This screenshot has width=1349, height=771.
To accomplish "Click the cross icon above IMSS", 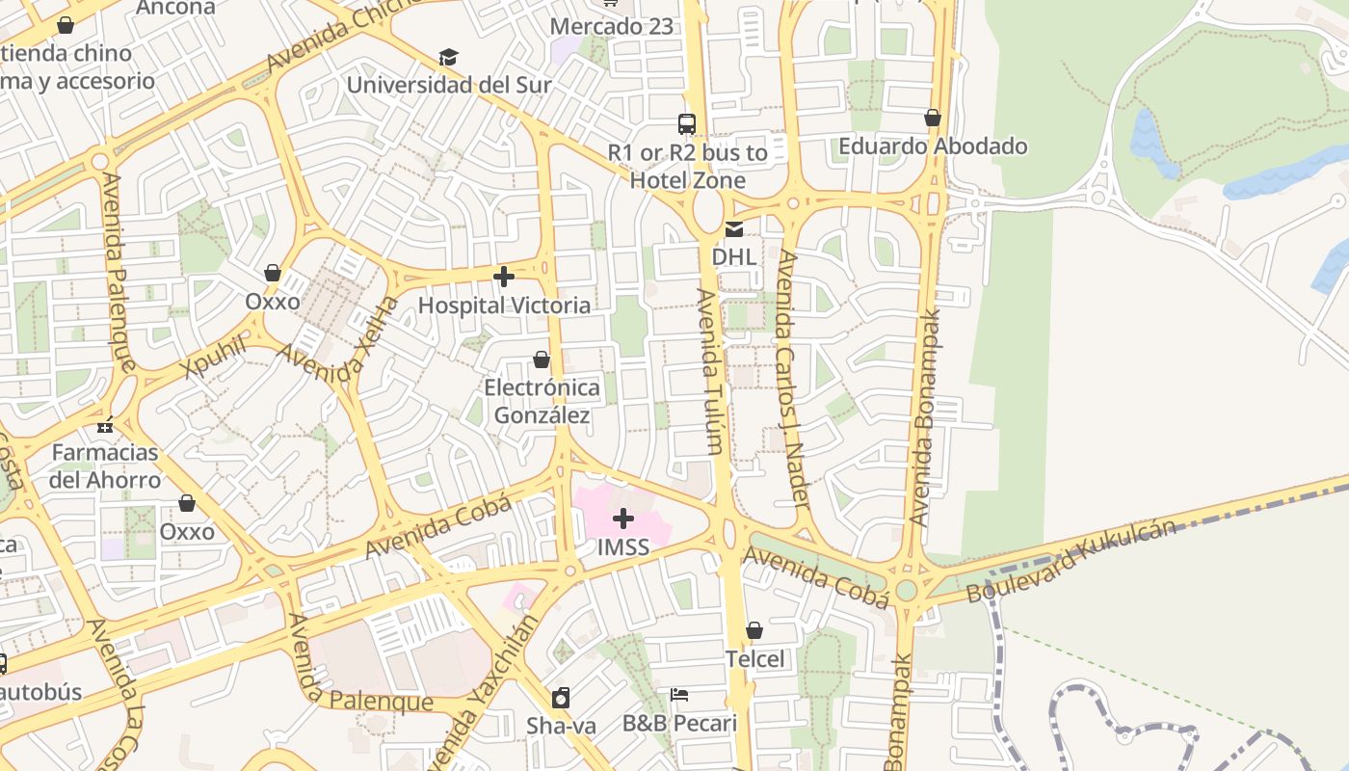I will [623, 518].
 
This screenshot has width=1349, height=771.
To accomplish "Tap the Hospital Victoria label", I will [504, 306].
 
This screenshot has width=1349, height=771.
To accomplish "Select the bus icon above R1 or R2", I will [687, 123].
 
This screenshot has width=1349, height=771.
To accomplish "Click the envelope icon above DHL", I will [734, 228].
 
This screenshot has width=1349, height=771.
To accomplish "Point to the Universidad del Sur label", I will [449, 85].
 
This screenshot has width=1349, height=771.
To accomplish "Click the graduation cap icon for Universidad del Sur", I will [448, 57].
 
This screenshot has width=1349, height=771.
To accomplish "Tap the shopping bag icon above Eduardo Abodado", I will [932, 118].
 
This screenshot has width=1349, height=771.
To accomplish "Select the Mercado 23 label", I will [611, 26].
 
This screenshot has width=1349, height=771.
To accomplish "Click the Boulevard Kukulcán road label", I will [1071, 562].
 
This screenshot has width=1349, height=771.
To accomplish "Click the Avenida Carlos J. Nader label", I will [792, 378].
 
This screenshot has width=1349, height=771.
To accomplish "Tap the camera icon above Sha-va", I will [561, 698].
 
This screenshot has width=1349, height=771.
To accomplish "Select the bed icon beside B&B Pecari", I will [679, 695].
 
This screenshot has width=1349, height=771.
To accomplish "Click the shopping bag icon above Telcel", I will [754, 630].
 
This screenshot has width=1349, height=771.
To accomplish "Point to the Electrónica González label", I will [542, 402].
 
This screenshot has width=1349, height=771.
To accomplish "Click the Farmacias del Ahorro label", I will [105, 465].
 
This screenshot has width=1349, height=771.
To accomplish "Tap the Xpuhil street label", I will [214, 359].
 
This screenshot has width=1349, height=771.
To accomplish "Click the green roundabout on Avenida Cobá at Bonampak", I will [906, 590].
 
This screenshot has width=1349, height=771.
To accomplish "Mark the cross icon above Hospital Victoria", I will [503, 278].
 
